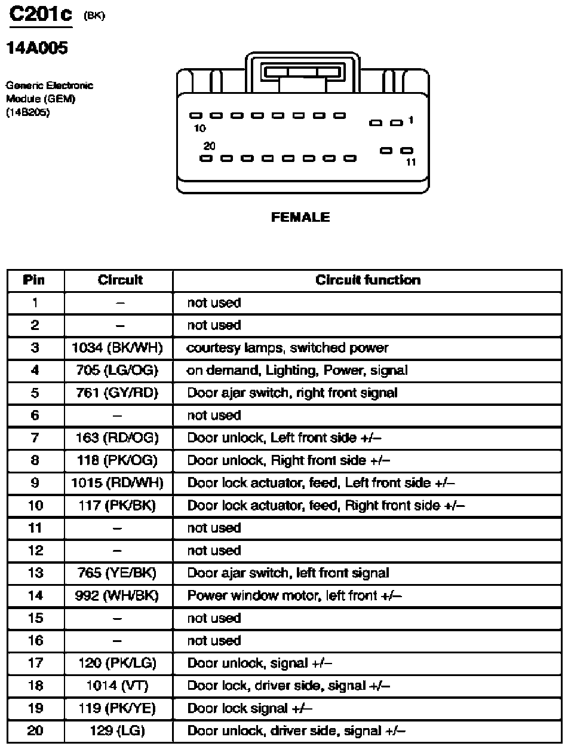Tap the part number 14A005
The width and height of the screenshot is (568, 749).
click(x=37, y=49)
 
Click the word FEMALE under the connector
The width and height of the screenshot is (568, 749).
click(x=300, y=218)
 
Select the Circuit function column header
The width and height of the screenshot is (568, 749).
click(x=368, y=280)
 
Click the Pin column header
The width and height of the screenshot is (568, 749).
click(x=35, y=280)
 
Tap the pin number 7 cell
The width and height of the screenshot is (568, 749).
click(x=35, y=438)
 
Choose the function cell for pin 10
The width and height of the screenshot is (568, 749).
click(x=326, y=506)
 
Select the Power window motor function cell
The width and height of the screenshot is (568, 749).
click(x=294, y=596)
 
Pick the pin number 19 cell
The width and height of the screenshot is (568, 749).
click(x=35, y=708)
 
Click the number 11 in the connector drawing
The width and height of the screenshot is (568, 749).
click(x=411, y=162)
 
